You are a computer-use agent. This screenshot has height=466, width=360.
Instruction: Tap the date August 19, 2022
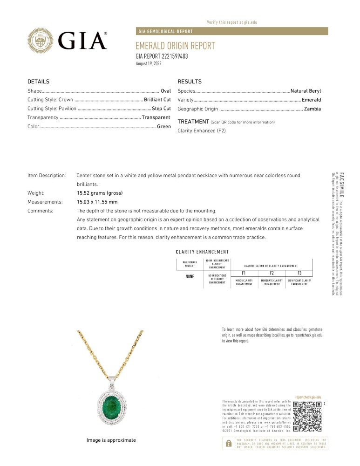click(148, 63)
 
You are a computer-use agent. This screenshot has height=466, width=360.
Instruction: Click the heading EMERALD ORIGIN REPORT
click(175, 46)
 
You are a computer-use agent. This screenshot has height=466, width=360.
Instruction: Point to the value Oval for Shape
click(166, 91)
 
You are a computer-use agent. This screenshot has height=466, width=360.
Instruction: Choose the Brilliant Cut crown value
click(157, 100)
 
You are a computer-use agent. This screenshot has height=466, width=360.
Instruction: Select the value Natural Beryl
click(306, 91)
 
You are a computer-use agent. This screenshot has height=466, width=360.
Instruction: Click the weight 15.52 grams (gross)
click(99, 193)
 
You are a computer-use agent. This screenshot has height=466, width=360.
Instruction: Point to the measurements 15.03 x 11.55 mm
click(97, 202)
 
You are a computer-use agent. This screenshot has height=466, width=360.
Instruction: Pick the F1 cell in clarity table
click(244, 273)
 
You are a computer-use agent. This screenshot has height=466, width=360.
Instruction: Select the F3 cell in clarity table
click(299, 273)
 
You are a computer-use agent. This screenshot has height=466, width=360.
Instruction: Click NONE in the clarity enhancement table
click(190, 276)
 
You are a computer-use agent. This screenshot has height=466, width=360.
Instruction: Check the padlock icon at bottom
click(228, 444)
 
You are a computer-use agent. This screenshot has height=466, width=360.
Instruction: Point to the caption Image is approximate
click(111, 440)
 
